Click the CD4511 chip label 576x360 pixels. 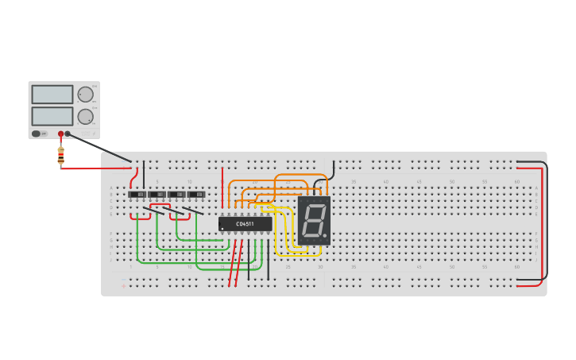point(245,224)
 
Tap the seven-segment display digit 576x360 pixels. point(313,219)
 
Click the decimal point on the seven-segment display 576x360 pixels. point(324,236)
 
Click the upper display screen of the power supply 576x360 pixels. point(52,94)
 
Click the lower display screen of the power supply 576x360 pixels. point(52,116)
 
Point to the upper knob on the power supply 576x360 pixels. point(85,95)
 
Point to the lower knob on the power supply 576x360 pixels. point(85,116)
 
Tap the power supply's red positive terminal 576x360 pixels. point(60,134)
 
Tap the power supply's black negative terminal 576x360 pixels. point(68,134)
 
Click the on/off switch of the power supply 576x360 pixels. point(37,134)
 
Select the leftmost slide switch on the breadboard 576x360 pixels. point(137,194)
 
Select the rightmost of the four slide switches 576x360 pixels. point(196,194)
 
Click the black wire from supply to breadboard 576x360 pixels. point(99,147)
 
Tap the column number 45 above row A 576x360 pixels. point(418,182)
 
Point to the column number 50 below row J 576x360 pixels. point(451,267)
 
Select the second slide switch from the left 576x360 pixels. point(157,194)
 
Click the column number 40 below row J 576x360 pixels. point(386,267)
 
